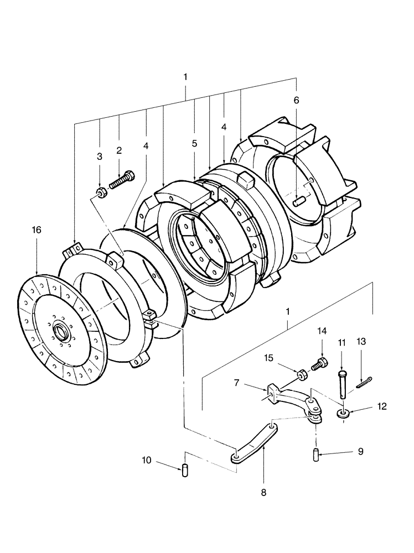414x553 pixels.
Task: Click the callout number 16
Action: pyautogui.click(x=37, y=229)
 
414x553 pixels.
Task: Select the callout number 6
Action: pyautogui.click(x=296, y=100)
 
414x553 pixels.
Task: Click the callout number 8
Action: pyautogui.click(x=263, y=492)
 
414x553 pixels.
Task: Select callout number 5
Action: pyautogui.click(x=194, y=143)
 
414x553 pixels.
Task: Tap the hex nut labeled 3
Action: pyautogui.click(x=101, y=192)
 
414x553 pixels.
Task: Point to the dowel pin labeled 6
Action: pyautogui.click(x=299, y=202)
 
